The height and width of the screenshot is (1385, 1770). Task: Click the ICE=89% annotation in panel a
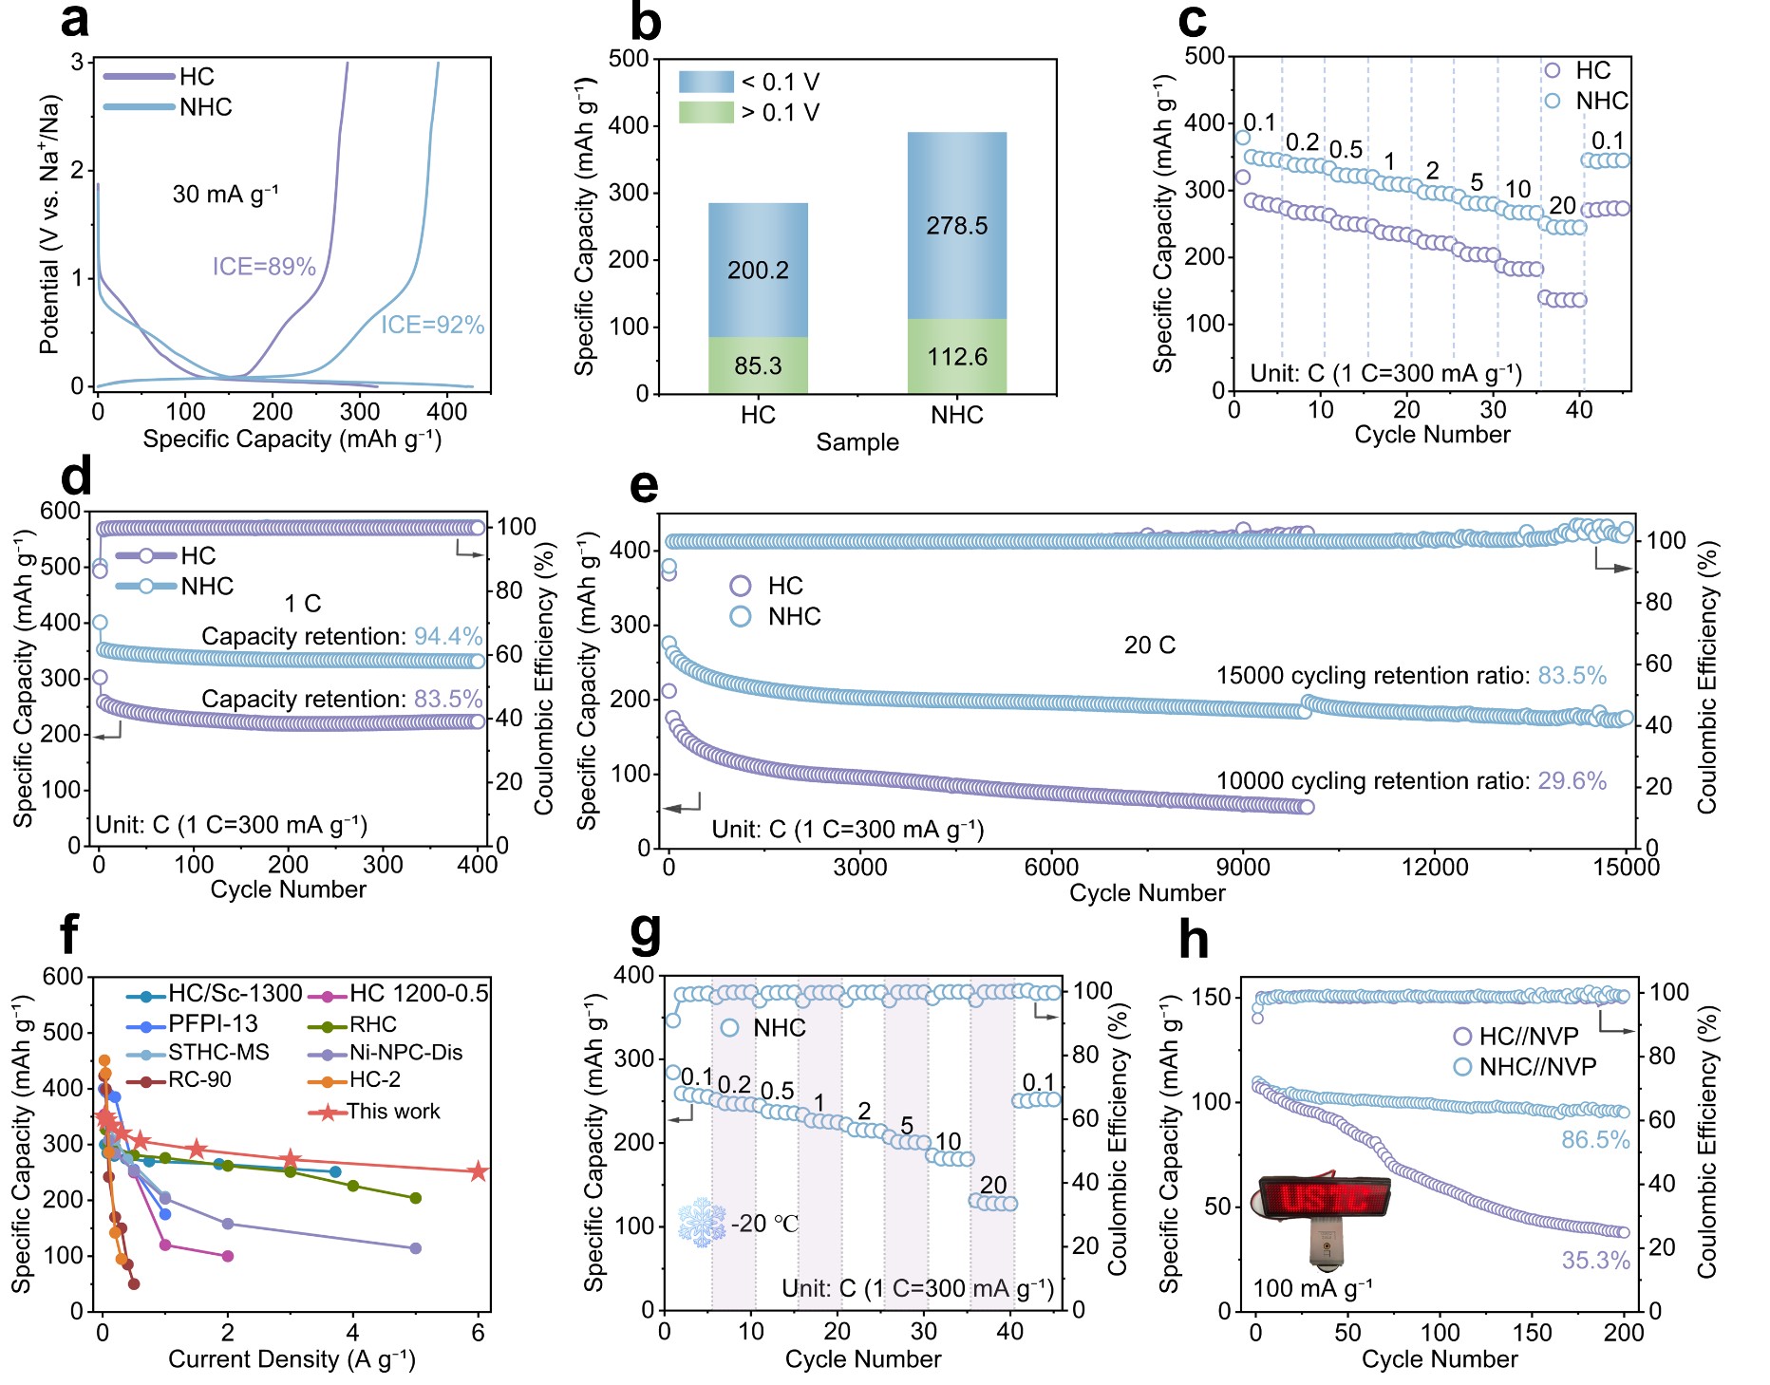tap(264, 267)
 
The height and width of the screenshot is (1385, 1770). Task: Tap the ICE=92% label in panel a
tap(433, 326)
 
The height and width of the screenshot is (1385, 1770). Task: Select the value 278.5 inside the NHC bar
tap(957, 226)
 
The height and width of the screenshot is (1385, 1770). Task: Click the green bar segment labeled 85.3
tap(758, 365)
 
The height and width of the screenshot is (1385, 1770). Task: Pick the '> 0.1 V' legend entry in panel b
tap(749, 112)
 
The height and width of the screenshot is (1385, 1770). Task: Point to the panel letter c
tap(1193, 21)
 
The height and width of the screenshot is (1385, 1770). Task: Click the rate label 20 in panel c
tap(1562, 206)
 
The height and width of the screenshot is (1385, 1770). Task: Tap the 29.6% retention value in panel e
tap(1572, 781)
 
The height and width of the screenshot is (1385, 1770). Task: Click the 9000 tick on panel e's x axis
tap(1243, 867)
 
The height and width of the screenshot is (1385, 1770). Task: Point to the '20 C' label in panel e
tap(1150, 646)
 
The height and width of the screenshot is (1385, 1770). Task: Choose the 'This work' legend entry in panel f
tap(375, 1112)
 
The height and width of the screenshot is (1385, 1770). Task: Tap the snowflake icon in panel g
tap(702, 1223)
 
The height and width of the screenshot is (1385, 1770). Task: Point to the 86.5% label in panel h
tap(1596, 1140)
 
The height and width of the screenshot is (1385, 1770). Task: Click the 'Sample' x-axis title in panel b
tap(857, 442)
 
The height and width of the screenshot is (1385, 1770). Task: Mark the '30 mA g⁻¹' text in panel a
tap(226, 195)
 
